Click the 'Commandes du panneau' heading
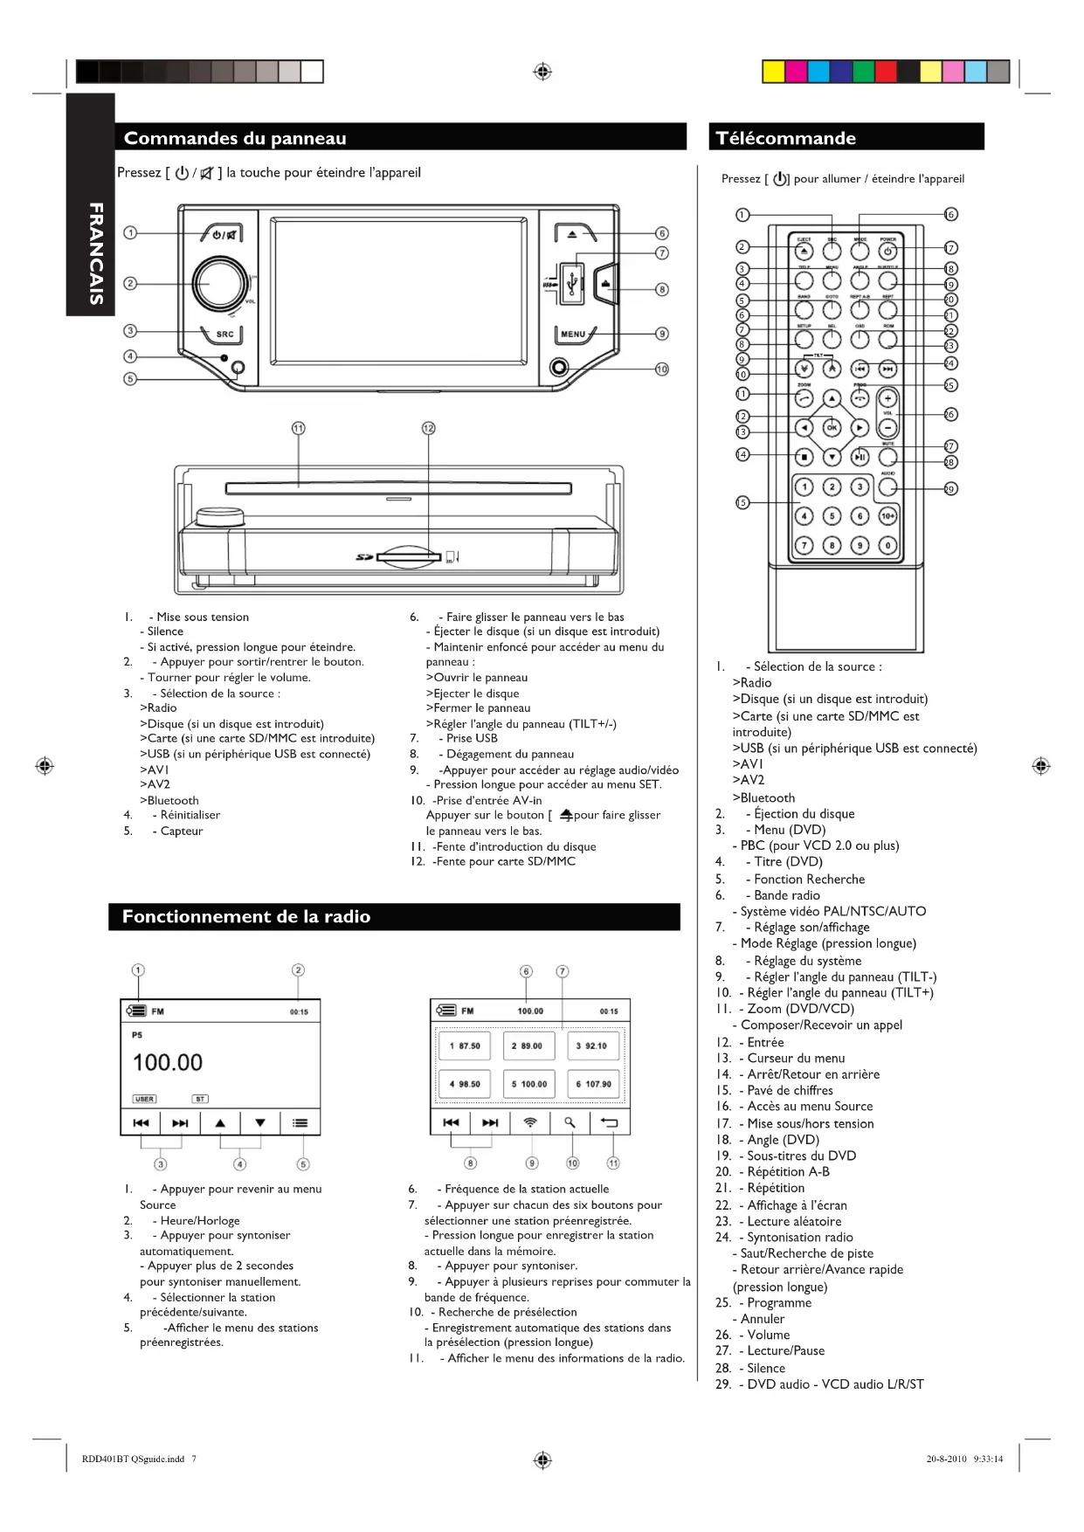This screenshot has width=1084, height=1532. click(x=235, y=138)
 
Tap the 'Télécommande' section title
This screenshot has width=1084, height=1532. click(x=785, y=138)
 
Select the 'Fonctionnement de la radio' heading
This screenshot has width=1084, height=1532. click(x=246, y=916)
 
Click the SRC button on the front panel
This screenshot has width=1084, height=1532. click(x=224, y=335)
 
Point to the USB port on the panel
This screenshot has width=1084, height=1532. click(x=572, y=282)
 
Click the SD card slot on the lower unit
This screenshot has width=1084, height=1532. click(x=408, y=556)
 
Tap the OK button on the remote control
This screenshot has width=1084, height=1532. click(x=832, y=428)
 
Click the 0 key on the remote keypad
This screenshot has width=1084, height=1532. click(x=887, y=545)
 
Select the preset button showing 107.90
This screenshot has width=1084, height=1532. click(x=593, y=1084)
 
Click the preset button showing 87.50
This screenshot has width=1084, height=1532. click(x=464, y=1045)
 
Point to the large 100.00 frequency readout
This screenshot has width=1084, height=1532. click(x=168, y=1062)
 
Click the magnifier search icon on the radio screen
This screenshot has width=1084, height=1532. click(x=570, y=1122)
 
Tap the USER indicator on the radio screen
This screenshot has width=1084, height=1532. click(x=144, y=1099)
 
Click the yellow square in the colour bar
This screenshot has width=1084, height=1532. click(x=773, y=72)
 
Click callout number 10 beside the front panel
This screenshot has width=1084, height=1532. click(x=661, y=369)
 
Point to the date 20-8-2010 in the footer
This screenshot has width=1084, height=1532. click(x=946, y=1459)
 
